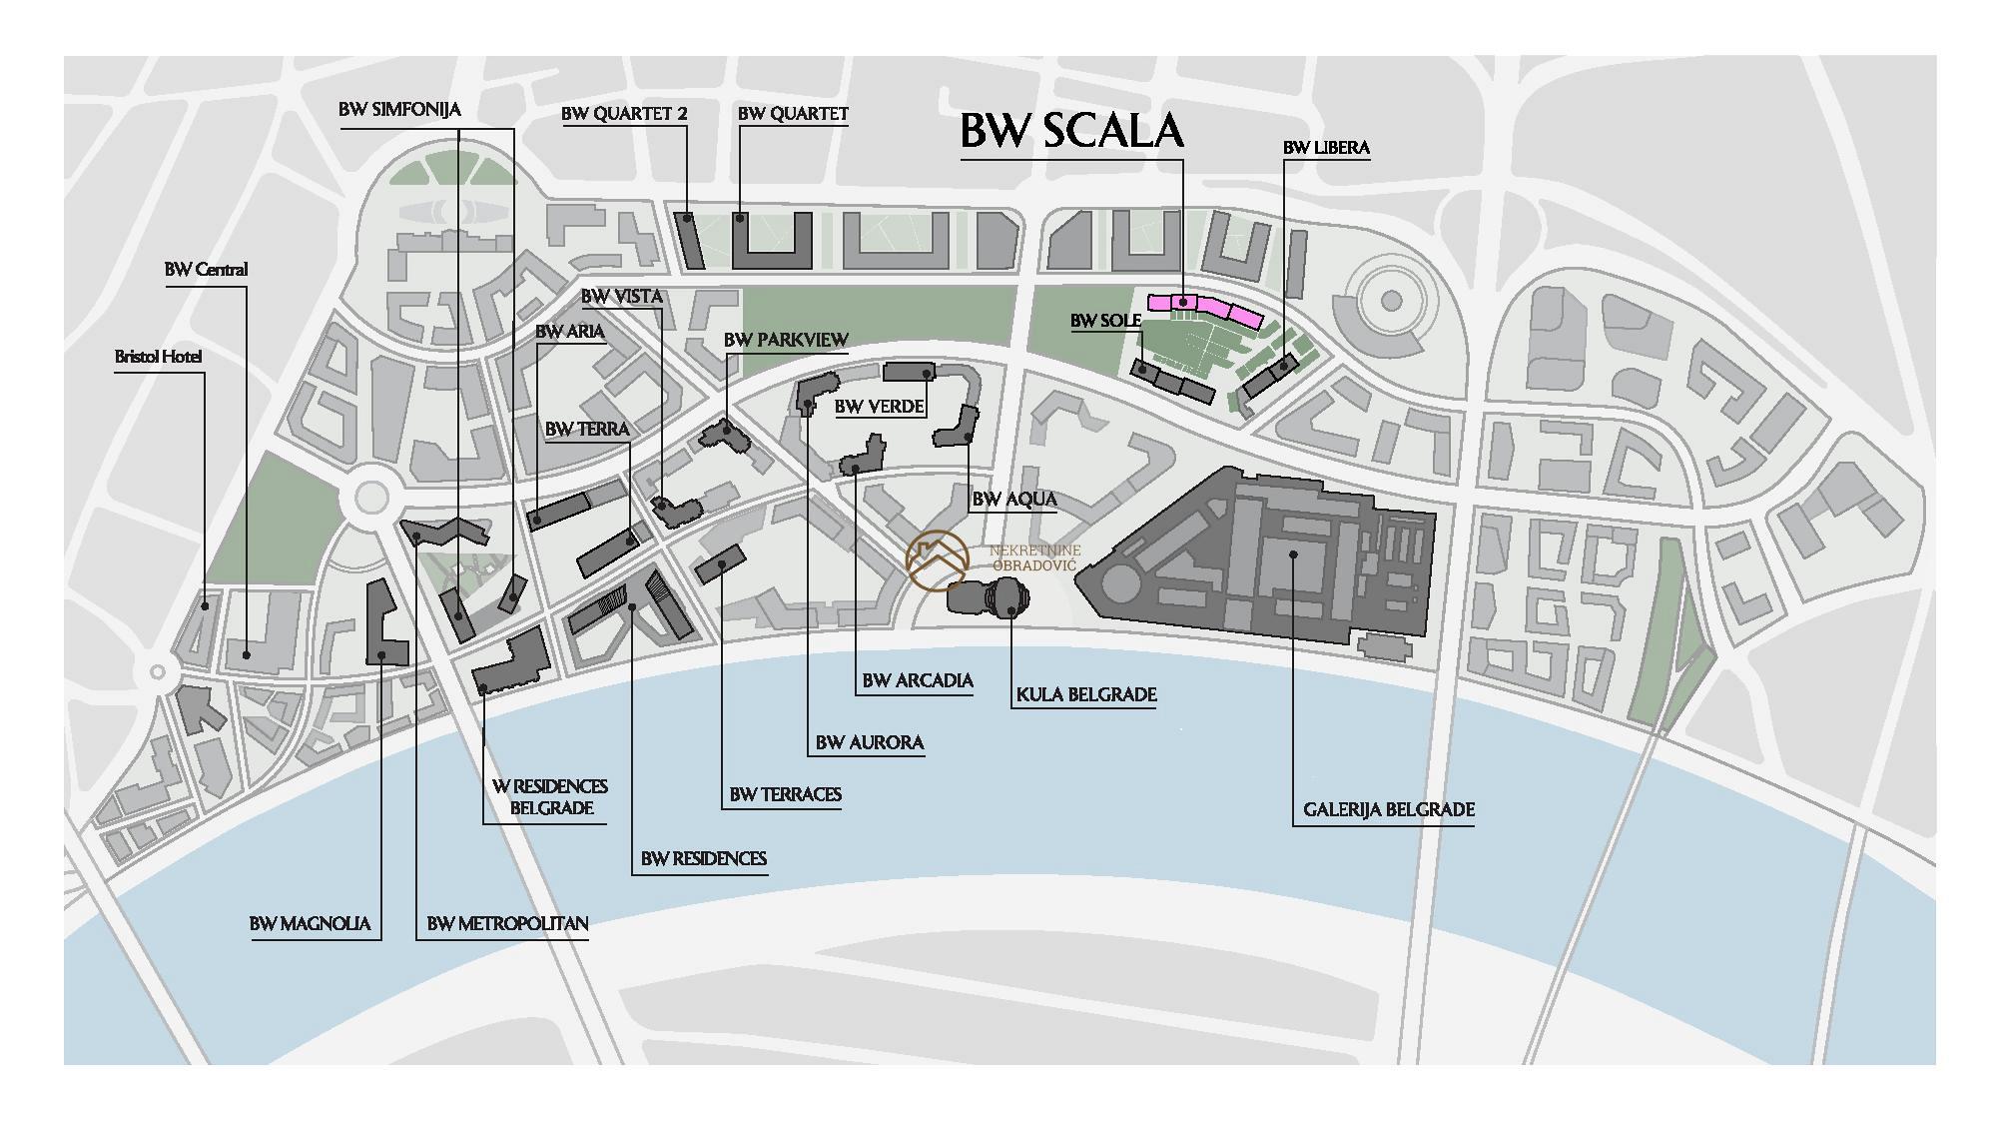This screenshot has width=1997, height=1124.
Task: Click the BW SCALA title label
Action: tap(1071, 131)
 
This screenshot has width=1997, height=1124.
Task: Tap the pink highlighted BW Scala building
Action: tap(1205, 308)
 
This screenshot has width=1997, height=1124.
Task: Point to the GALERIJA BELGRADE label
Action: tap(1389, 809)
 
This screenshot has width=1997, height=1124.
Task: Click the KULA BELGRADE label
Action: tap(1086, 694)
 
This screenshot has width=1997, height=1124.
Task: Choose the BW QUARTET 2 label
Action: tap(624, 114)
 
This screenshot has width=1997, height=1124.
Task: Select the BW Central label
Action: tap(207, 270)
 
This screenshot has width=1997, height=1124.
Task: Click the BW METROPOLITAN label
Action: tap(507, 924)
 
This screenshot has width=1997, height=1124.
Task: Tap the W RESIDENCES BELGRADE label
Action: tap(550, 797)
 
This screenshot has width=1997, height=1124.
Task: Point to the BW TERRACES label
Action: tap(786, 795)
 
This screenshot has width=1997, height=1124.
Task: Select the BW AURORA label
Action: tap(870, 742)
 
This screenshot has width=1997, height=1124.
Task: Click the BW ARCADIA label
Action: tap(918, 681)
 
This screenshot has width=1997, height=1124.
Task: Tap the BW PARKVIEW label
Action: tap(786, 341)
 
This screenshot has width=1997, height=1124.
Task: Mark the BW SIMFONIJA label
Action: tap(399, 110)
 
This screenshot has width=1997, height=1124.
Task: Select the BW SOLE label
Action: tap(1105, 322)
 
